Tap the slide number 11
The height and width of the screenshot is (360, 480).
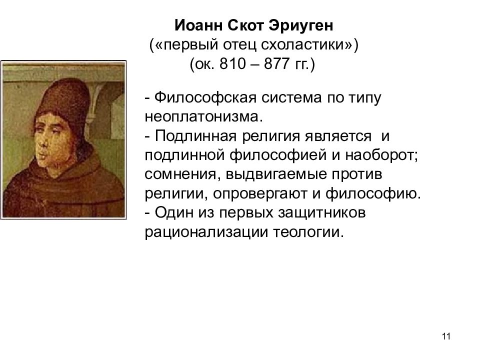446,336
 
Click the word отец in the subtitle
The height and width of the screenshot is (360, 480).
234,45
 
